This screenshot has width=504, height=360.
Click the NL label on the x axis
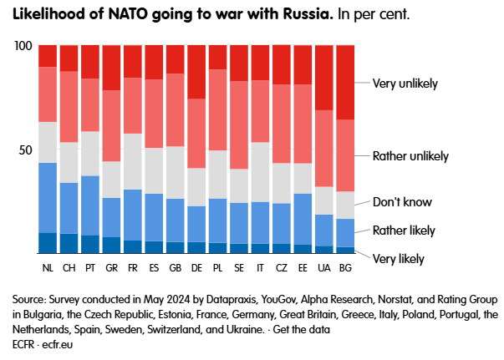tap(48, 267)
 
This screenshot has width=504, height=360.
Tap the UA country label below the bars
tap(324, 267)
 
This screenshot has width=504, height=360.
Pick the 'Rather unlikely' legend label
tap(410, 156)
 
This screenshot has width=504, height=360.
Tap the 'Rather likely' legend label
tap(403, 230)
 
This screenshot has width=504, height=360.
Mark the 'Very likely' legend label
tap(398, 259)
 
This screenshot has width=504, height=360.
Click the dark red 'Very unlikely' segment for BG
tap(345, 82)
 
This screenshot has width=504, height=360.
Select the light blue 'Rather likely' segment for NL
tap(48, 197)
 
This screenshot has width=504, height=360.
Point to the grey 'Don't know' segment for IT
tap(259, 172)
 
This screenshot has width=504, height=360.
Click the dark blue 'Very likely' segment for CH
tap(69, 243)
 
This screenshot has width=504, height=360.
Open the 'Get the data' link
tap(303, 329)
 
